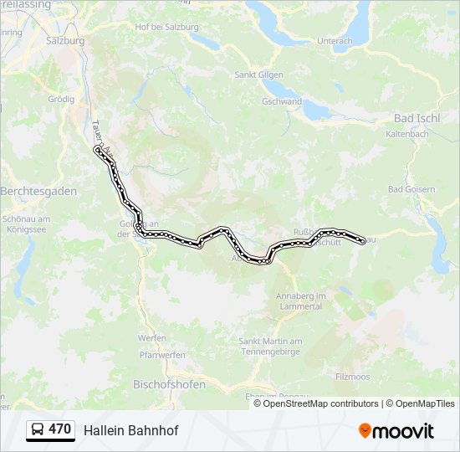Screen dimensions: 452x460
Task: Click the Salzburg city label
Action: (x=66, y=40)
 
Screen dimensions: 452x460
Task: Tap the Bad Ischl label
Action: (x=417, y=118)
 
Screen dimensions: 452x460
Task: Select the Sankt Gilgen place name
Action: (x=257, y=74)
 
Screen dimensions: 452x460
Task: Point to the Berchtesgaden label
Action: (x=38, y=191)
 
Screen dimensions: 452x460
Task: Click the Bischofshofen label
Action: (x=168, y=385)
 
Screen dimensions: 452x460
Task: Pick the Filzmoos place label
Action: (x=352, y=377)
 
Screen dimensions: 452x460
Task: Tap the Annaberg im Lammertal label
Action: (x=299, y=301)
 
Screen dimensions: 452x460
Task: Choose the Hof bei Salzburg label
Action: (x=167, y=27)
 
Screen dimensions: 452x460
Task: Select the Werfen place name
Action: (x=151, y=337)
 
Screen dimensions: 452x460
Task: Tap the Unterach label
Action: (x=335, y=40)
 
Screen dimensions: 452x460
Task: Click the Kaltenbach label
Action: (x=407, y=134)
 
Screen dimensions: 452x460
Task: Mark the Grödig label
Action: (x=61, y=98)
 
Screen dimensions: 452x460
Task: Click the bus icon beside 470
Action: (x=38, y=429)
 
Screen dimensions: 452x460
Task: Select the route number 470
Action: (x=60, y=429)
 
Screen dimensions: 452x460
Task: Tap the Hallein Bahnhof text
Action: (x=131, y=430)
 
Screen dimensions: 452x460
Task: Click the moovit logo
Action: (x=396, y=430)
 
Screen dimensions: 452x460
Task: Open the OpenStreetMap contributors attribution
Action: (x=321, y=403)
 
